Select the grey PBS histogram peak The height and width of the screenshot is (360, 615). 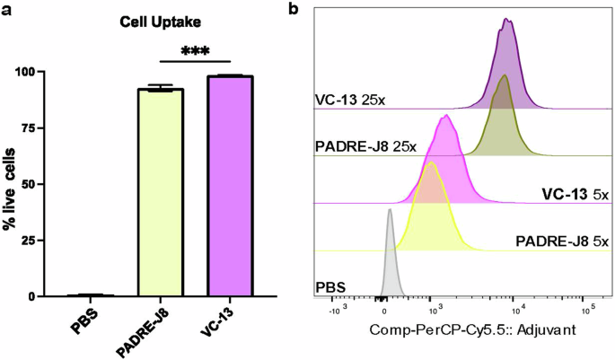tap(390, 256)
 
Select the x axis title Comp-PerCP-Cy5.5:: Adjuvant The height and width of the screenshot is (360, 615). tap(459, 331)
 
